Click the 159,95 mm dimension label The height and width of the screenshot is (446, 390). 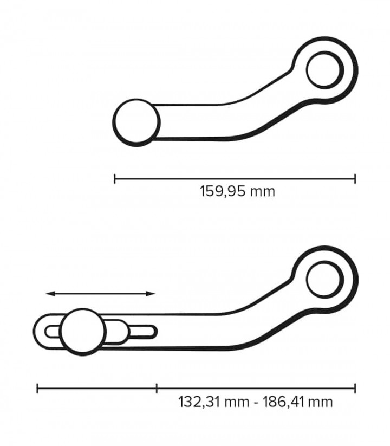point(237,191)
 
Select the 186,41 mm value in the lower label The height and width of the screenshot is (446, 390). point(297,402)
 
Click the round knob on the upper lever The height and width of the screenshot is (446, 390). point(136,122)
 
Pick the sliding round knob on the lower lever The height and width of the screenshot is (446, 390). point(83,332)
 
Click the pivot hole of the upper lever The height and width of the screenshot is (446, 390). point(325,69)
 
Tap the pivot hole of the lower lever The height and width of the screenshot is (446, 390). point(325,279)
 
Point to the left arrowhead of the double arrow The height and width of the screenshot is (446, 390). point(50,294)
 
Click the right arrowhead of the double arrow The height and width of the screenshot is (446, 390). point(151,294)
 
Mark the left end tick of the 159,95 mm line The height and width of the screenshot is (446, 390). point(114,179)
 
